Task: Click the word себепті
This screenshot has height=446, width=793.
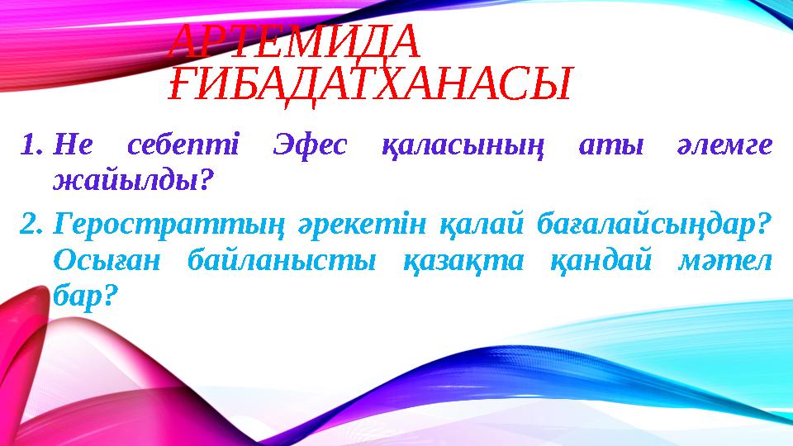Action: tap(183, 146)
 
